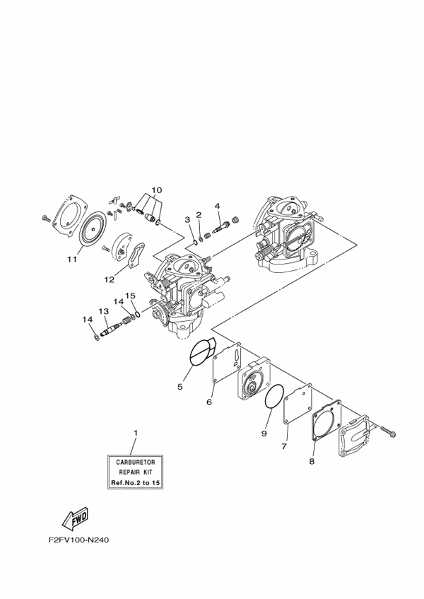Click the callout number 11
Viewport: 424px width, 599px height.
[x=71, y=260]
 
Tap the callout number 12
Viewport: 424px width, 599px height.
[x=110, y=279]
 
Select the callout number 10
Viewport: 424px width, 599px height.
[x=157, y=190]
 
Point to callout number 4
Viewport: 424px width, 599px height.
[x=218, y=207]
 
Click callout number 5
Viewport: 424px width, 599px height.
[x=180, y=386]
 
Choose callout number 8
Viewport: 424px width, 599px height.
[x=283, y=447]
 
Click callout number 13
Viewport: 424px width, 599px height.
[x=311, y=461]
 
